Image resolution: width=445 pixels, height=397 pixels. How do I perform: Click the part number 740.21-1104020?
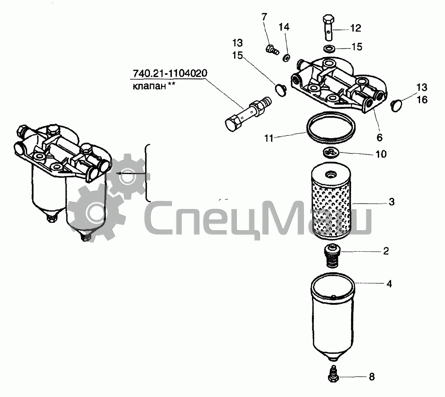coord(170,74)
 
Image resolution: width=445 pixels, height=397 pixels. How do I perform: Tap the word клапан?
coord(149,86)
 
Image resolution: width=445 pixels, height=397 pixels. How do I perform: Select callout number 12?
coord(356,28)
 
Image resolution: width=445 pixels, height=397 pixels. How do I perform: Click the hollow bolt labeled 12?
coord(329,28)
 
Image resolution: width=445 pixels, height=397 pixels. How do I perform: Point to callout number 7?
coord(264,17)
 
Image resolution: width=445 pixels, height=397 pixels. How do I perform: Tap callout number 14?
coord(284,27)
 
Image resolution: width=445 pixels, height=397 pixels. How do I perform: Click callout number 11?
coord(269,139)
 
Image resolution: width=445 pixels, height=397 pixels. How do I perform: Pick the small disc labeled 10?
coord(331,152)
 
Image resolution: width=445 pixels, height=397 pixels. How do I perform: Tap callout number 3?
coord(392,202)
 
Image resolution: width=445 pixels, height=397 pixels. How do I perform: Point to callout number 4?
coord(389,284)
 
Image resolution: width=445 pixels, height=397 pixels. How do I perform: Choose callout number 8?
coord(372,377)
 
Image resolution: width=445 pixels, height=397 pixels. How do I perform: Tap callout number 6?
coord(380,138)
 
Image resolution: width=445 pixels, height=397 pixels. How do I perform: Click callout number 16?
coord(422,100)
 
